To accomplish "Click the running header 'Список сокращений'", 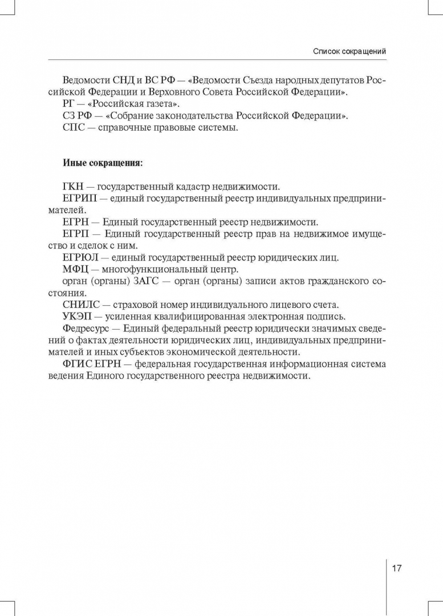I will point(349,51).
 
